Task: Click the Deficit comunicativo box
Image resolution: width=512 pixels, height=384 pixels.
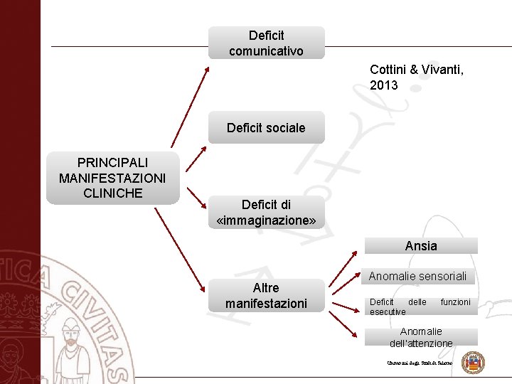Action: pos(266,43)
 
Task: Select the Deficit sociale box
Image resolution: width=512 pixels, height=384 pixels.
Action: pos(266,128)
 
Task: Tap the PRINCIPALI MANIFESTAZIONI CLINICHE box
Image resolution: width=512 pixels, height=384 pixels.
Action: pos(112,178)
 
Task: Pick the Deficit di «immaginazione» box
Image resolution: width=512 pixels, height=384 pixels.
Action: pos(266,213)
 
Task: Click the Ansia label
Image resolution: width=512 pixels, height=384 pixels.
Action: pos(421,246)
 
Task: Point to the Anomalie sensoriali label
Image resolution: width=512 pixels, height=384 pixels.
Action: pos(417,276)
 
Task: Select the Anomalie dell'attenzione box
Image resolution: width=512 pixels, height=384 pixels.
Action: pos(421,337)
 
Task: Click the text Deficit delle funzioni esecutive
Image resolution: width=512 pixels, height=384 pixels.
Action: pos(420,306)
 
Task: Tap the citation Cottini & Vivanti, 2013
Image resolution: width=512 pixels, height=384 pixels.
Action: pos(416,78)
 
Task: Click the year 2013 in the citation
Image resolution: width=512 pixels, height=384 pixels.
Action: pos(384,85)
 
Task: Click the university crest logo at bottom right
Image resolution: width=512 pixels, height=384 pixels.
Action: pos(473,363)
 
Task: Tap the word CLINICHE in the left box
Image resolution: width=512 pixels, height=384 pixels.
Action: pos(112,193)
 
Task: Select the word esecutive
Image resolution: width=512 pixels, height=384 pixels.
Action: pos(388,311)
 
